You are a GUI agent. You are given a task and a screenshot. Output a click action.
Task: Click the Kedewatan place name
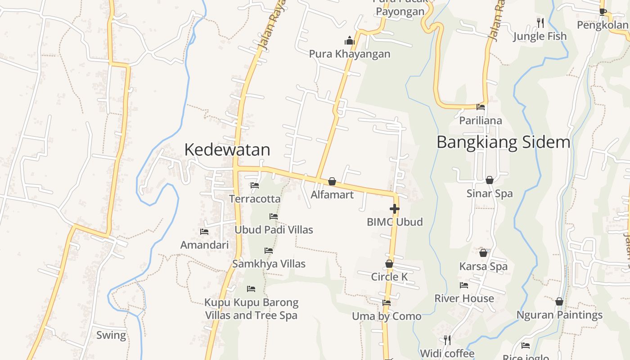pos(227,149)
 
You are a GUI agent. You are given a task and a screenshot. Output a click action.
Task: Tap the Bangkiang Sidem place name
pos(503,142)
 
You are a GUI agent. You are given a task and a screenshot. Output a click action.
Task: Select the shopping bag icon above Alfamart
pos(332,181)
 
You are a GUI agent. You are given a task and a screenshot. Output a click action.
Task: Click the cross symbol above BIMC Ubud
pos(395,209)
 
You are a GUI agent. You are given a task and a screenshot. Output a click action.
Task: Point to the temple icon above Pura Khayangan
pos(350,41)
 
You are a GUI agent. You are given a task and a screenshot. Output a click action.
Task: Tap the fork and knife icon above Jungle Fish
pos(540,22)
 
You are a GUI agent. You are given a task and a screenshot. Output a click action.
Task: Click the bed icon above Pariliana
pos(481,107)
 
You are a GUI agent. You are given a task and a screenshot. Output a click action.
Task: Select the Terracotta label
pos(255,198)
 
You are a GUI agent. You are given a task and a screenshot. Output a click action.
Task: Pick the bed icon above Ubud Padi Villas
pos(274,216)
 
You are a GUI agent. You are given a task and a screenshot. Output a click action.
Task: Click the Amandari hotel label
pos(204,245)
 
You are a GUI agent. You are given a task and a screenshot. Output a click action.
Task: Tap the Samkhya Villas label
pos(269,264)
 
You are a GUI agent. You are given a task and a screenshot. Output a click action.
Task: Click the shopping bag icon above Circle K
pos(389,264)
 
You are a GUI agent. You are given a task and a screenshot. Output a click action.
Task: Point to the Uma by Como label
pos(387,316)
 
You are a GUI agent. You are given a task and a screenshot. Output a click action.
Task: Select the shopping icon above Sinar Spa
pos(490,180)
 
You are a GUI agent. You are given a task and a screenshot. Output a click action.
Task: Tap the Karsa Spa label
pos(483,266)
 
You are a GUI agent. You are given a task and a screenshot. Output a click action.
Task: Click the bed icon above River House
pos(464,285)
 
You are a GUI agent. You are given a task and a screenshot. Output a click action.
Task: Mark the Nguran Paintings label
pos(559,315)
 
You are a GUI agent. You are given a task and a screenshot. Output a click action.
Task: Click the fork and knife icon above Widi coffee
pos(447,340)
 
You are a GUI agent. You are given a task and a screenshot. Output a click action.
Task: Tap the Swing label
pos(111,335)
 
